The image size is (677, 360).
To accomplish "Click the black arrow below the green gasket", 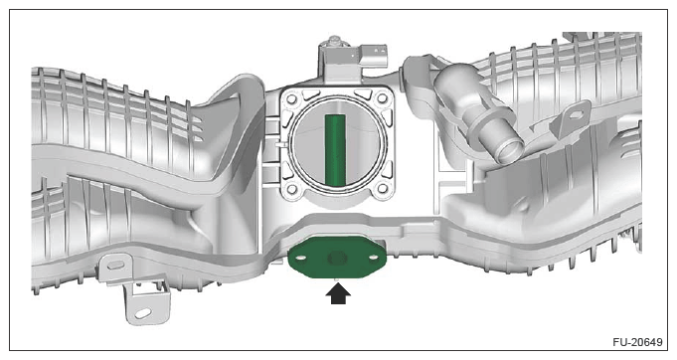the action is point(338,293).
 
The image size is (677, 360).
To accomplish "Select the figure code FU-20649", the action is point(637,342).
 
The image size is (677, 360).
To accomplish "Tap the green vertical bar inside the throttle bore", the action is point(335,148).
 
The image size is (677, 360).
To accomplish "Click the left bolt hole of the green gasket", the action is point(301,258).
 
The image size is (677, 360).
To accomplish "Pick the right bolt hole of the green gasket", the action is point(374,258).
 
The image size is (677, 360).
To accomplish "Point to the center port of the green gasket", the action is point(337,259).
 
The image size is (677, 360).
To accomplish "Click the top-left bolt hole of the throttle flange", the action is point(291,99).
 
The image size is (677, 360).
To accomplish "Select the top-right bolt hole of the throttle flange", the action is point(382,98).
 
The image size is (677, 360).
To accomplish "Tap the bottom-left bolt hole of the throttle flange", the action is point(291,189).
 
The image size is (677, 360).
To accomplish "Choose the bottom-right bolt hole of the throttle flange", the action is point(382,188).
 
